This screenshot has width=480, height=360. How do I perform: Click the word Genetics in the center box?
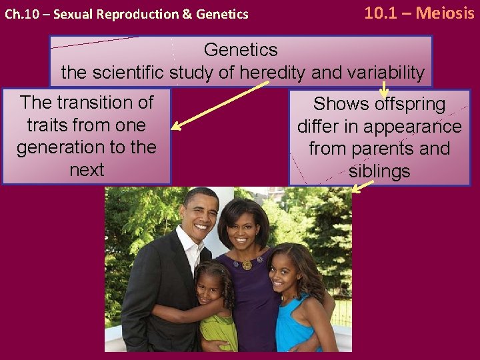[241, 49]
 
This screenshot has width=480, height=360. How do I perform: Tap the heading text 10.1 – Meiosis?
[419, 12]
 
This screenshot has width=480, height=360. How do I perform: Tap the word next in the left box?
[87, 169]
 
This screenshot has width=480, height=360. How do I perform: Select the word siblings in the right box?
[379, 171]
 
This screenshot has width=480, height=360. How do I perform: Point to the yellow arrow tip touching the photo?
[355, 191]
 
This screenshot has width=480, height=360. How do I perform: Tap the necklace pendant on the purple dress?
[247, 265]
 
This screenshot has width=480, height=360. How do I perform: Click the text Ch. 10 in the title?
[19, 14]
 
